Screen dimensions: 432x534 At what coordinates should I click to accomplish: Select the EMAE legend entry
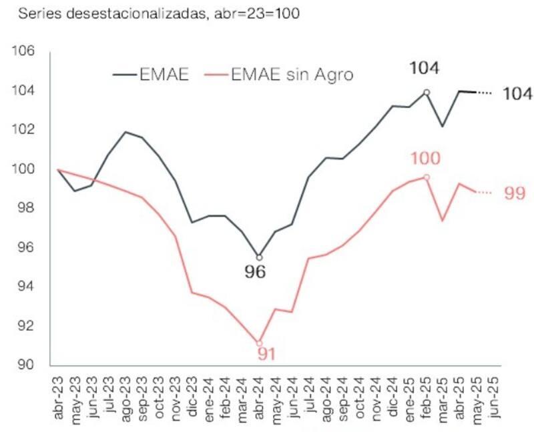point(152,74)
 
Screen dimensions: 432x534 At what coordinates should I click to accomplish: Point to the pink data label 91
point(266,353)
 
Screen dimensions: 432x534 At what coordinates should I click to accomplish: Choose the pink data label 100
point(426,158)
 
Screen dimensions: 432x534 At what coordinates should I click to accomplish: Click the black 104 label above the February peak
point(426,67)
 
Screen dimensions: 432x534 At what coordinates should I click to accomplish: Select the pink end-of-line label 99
point(515,193)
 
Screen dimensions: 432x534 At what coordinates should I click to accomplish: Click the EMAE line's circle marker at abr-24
point(260,257)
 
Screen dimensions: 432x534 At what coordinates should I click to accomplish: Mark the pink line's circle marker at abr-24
point(260,343)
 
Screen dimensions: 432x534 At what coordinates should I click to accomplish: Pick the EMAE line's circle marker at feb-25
point(427,92)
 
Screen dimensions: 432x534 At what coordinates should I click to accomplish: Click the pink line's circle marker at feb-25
point(427,177)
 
